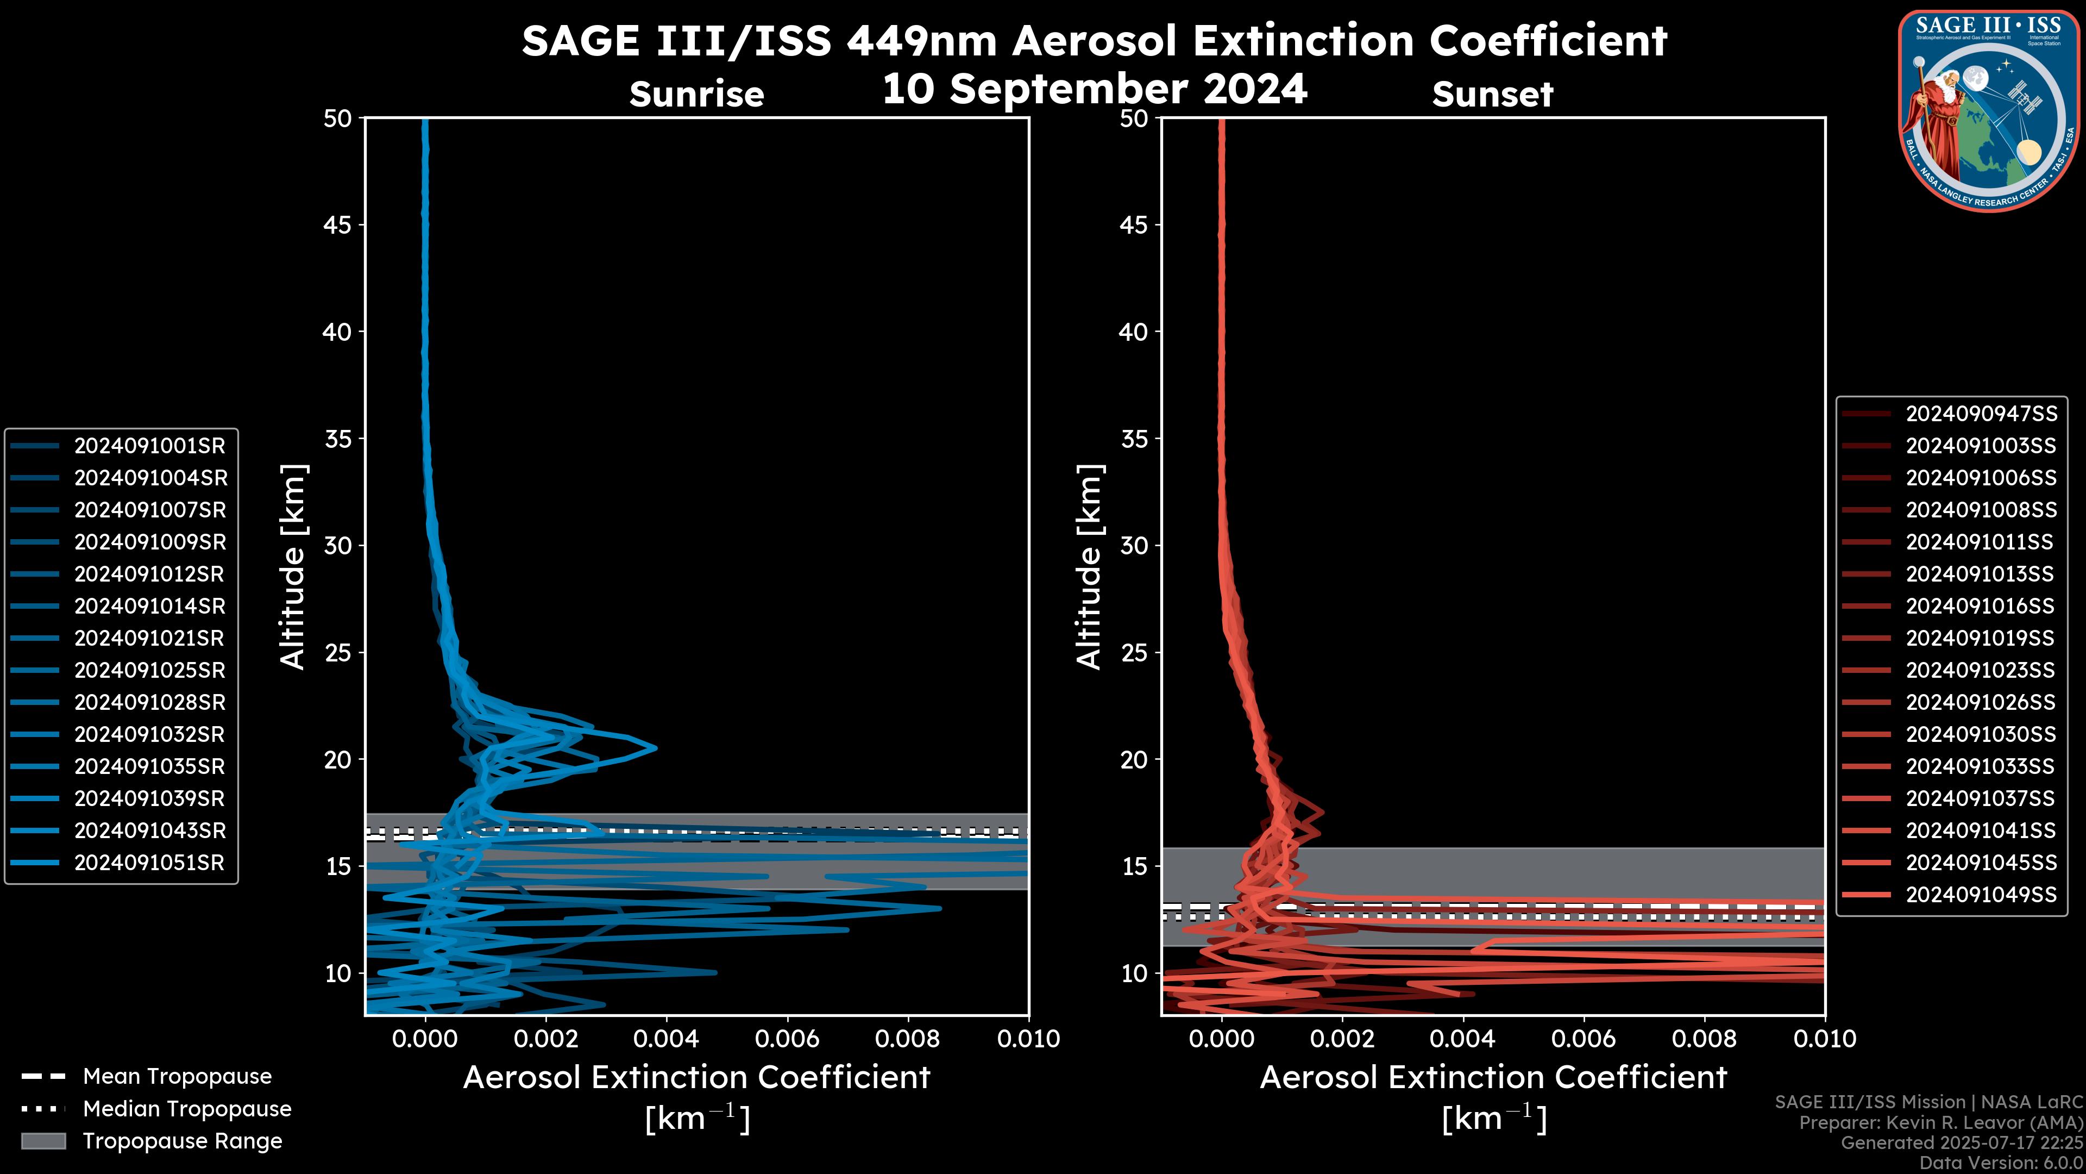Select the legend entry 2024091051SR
click(149, 863)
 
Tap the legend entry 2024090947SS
click(1981, 414)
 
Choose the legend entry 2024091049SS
click(1981, 895)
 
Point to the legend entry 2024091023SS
click(1981, 670)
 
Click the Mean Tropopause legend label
click(177, 1076)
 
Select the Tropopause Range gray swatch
click(43, 1141)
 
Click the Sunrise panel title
click(696, 95)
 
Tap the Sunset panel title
click(1492, 95)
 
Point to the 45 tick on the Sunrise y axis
click(338, 224)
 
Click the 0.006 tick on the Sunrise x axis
click(787, 1039)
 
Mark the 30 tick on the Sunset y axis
click(1134, 545)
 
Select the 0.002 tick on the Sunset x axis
click(1342, 1039)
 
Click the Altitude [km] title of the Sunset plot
click(1089, 567)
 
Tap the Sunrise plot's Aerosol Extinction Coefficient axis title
click(696, 1078)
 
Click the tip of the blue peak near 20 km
click(655, 747)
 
